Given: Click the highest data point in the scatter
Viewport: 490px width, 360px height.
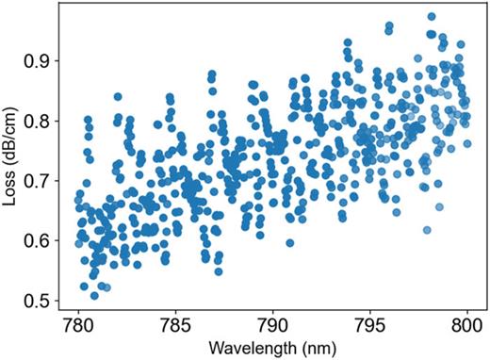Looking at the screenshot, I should pos(432,17).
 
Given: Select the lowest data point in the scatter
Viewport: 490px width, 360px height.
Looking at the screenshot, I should pos(94,296).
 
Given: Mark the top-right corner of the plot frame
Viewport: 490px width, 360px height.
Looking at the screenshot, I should pos(486,3).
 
